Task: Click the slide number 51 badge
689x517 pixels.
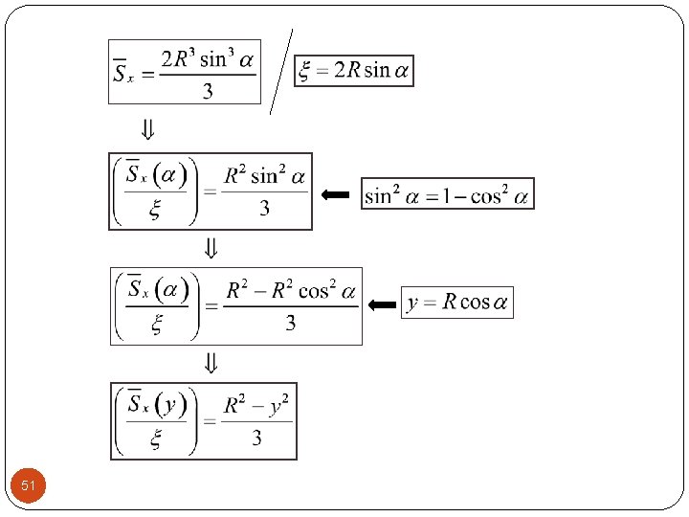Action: [29, 486]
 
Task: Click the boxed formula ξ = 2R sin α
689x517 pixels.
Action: [354, 71]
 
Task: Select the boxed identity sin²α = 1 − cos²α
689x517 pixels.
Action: [447, 194]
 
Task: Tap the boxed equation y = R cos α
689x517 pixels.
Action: [457, 303]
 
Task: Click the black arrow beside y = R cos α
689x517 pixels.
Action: [382, 304]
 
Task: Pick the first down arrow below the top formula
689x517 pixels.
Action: [149, 128]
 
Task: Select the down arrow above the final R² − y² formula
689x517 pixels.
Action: [211, 364]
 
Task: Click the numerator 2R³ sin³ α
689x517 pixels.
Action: [208, 60]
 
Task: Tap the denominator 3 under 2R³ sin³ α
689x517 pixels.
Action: [208, 92]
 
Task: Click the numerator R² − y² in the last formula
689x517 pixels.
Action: [256, 405]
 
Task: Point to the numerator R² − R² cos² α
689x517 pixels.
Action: [291, 290]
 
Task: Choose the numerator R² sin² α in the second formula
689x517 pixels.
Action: [265, 176]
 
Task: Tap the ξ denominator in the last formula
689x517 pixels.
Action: [156, 439]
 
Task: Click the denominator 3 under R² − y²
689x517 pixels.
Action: [256, 438]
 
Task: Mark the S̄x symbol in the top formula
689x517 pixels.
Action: [124, 72]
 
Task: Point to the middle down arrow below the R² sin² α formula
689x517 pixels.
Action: [211, 250]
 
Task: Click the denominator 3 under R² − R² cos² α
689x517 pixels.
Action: [290, 323]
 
